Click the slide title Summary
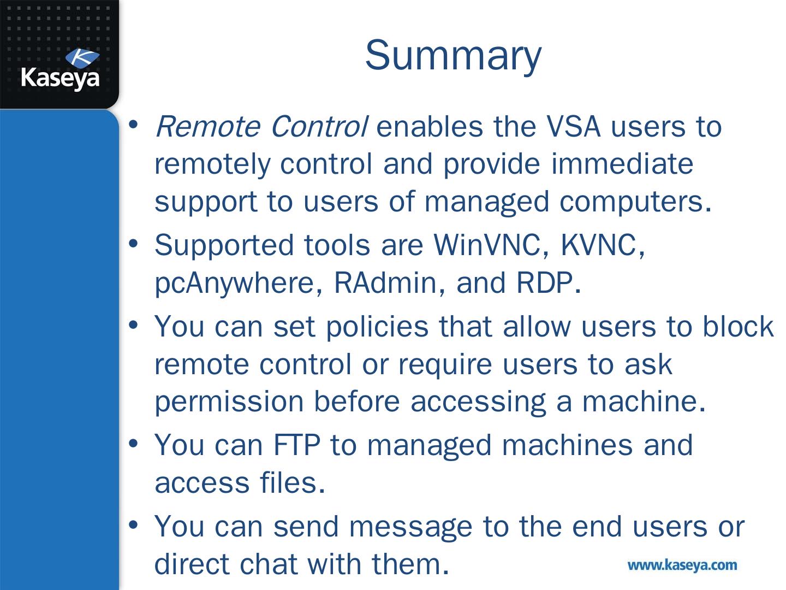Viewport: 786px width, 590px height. point(453,55)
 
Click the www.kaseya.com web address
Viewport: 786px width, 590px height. point(682,565)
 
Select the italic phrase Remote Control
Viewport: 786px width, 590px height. point(261,127)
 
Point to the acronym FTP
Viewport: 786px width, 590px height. point(296,445)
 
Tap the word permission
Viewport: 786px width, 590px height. point(228,402)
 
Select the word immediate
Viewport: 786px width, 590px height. point(622,164)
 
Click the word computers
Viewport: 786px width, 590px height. point(635,202)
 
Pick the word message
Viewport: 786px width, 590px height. point(410,527)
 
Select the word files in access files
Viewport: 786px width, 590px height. point(293,483)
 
